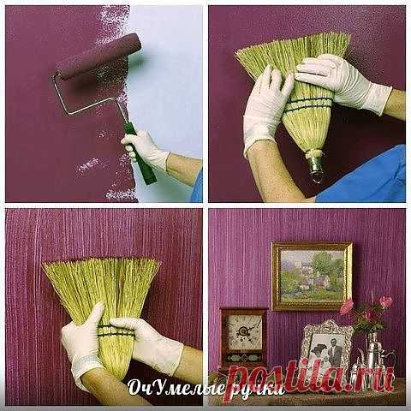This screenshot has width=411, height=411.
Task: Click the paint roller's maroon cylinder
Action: tap(98, 57)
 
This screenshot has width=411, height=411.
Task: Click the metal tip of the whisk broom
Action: tap(314, 165)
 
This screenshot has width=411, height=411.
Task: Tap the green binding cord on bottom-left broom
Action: tap(116, 330)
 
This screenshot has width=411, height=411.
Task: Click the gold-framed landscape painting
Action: tap(312, 276)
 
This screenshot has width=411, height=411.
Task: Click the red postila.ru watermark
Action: tap(311, 377)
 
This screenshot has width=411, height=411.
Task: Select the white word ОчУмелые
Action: tap(176, 388)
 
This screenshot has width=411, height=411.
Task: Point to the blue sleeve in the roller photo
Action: tap(198, 186)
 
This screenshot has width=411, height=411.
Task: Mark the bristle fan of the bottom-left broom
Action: tap(101, 289)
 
